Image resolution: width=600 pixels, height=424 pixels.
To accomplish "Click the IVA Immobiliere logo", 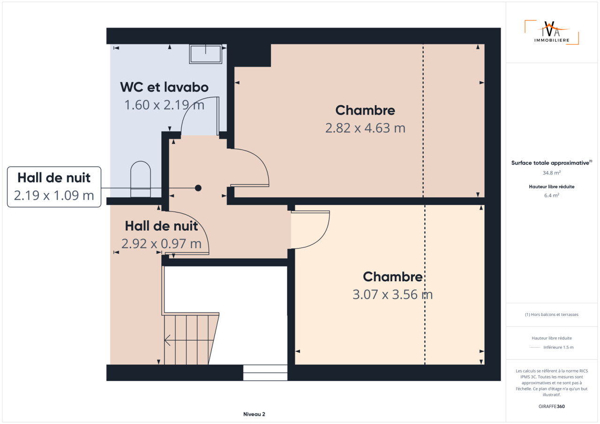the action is (x=552, y=32).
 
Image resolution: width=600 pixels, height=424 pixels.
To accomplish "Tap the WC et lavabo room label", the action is (x=164, y=87).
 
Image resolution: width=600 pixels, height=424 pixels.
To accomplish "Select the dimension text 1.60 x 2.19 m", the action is (x=164, y=105).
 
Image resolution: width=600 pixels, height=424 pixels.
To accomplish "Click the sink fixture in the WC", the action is (x=205, y=54).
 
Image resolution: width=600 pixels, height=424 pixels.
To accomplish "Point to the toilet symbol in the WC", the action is (x=140, y=179).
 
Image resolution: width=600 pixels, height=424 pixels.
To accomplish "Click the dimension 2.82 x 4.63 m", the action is (x=365, y=128).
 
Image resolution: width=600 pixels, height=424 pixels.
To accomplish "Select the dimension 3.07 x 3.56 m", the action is (x=392, y=294).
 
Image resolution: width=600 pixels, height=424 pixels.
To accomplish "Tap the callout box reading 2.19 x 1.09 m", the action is (x=54, y=187).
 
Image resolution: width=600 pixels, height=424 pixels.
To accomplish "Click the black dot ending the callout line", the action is (x=198, y=188).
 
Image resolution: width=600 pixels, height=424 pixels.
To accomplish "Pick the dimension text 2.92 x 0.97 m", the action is (x=161, y=243).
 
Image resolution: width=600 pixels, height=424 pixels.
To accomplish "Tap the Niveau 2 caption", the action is (x=254, y=414).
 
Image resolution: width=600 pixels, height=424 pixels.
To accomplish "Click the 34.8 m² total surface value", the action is (x=552, y=173).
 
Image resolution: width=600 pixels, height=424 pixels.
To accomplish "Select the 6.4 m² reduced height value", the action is (x=552, y=196).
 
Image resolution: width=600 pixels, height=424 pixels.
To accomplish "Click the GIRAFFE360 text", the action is (x=552, y=406).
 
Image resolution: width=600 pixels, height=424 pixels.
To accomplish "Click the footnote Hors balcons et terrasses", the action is (x=552, y=314).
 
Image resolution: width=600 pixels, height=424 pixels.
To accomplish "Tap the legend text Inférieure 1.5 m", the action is (x=558, y=347).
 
